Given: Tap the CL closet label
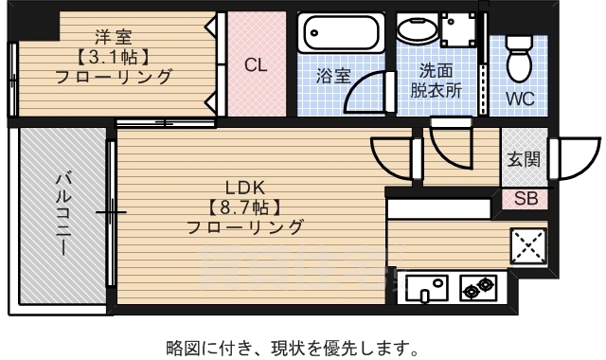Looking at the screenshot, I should coord(256,65).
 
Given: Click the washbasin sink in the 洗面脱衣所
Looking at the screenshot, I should coord(414,29).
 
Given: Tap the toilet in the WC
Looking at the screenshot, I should coord(518,59).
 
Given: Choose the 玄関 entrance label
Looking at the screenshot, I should coord(523,159).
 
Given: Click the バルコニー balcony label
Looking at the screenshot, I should coord(62,214).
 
